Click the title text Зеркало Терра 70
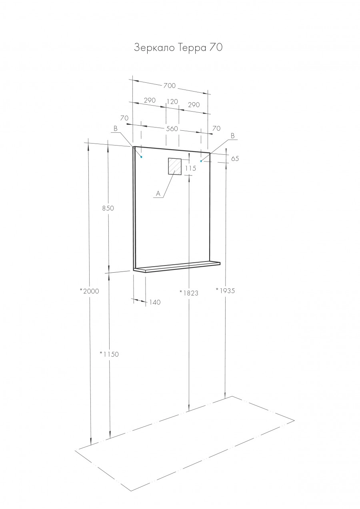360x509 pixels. point(178,48)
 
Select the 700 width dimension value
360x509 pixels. point(169,86)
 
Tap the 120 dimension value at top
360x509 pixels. point(172,102)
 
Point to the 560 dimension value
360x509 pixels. point(172,129)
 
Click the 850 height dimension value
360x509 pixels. point(108,208)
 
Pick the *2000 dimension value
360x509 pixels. point(89,291)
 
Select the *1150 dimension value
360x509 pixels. point(109,354)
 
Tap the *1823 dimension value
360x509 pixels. point(189,293)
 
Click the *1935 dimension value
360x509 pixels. point(225,290)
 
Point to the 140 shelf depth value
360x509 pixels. point(155,302)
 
